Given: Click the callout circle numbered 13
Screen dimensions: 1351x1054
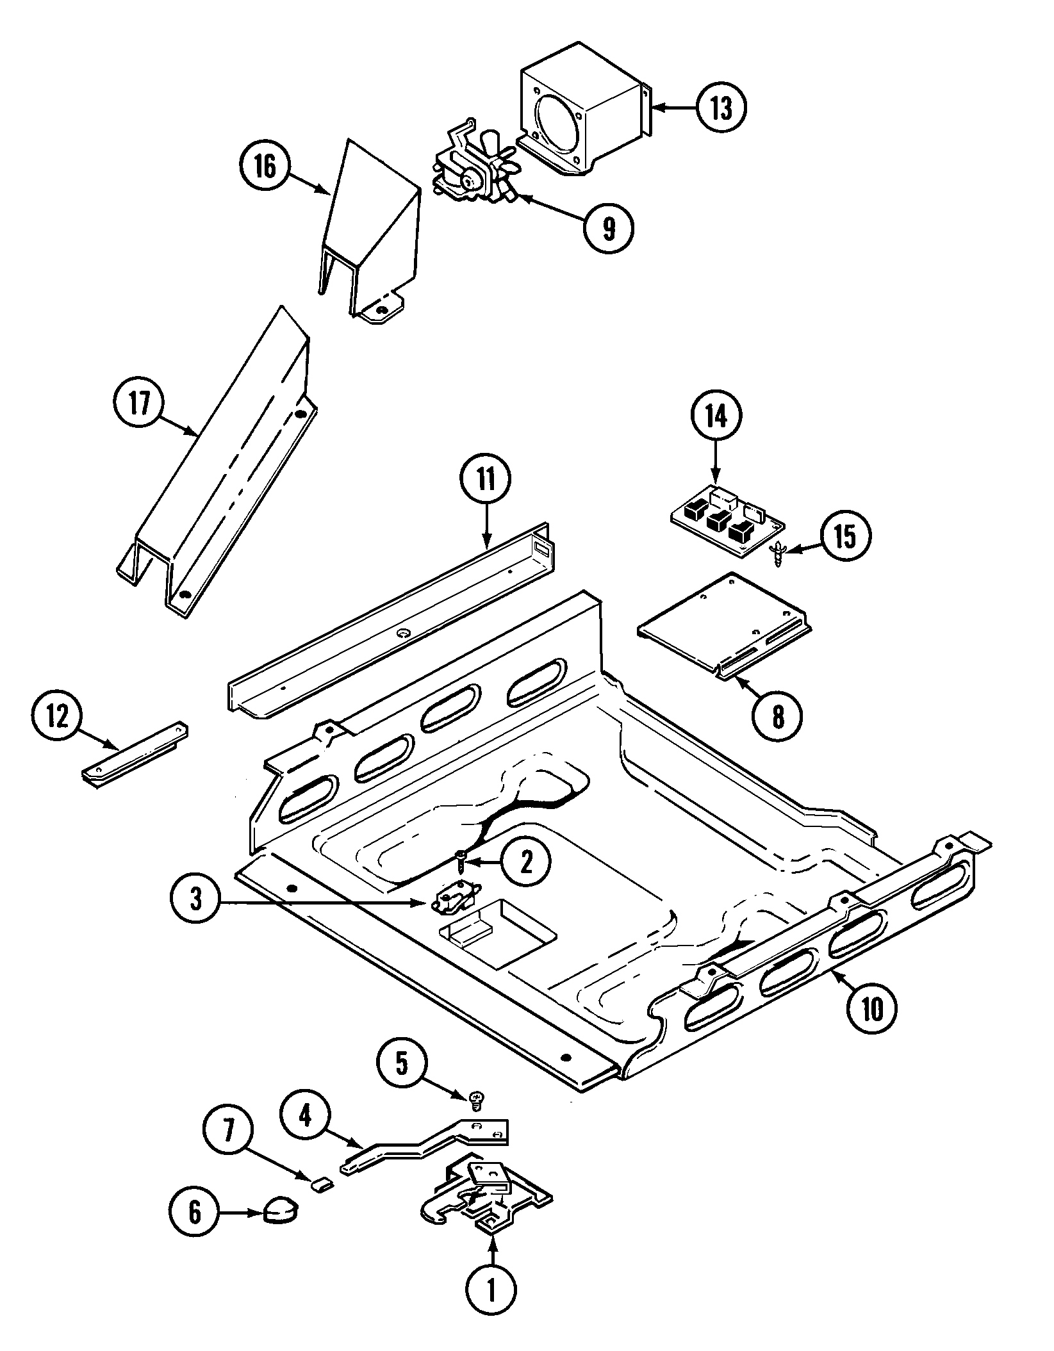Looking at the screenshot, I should [x=721, y=109].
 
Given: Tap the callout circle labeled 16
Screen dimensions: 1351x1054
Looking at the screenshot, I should [x=265, y=166].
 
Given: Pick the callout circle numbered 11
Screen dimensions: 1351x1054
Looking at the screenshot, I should [x=485, y=480].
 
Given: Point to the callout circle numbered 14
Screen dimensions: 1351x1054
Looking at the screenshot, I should [x=716, y=416].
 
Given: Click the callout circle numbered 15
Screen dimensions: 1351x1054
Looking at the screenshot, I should [x=845, y=537].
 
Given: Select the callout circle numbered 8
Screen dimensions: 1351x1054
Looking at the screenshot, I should [x=777, y=717].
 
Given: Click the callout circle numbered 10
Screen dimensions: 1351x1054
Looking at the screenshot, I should [x=872, y=1009].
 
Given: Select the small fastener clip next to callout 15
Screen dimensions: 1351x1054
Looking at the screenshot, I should [x=777, y=553].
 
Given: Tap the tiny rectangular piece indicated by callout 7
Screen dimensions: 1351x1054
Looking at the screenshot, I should [x=322, y=1184].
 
